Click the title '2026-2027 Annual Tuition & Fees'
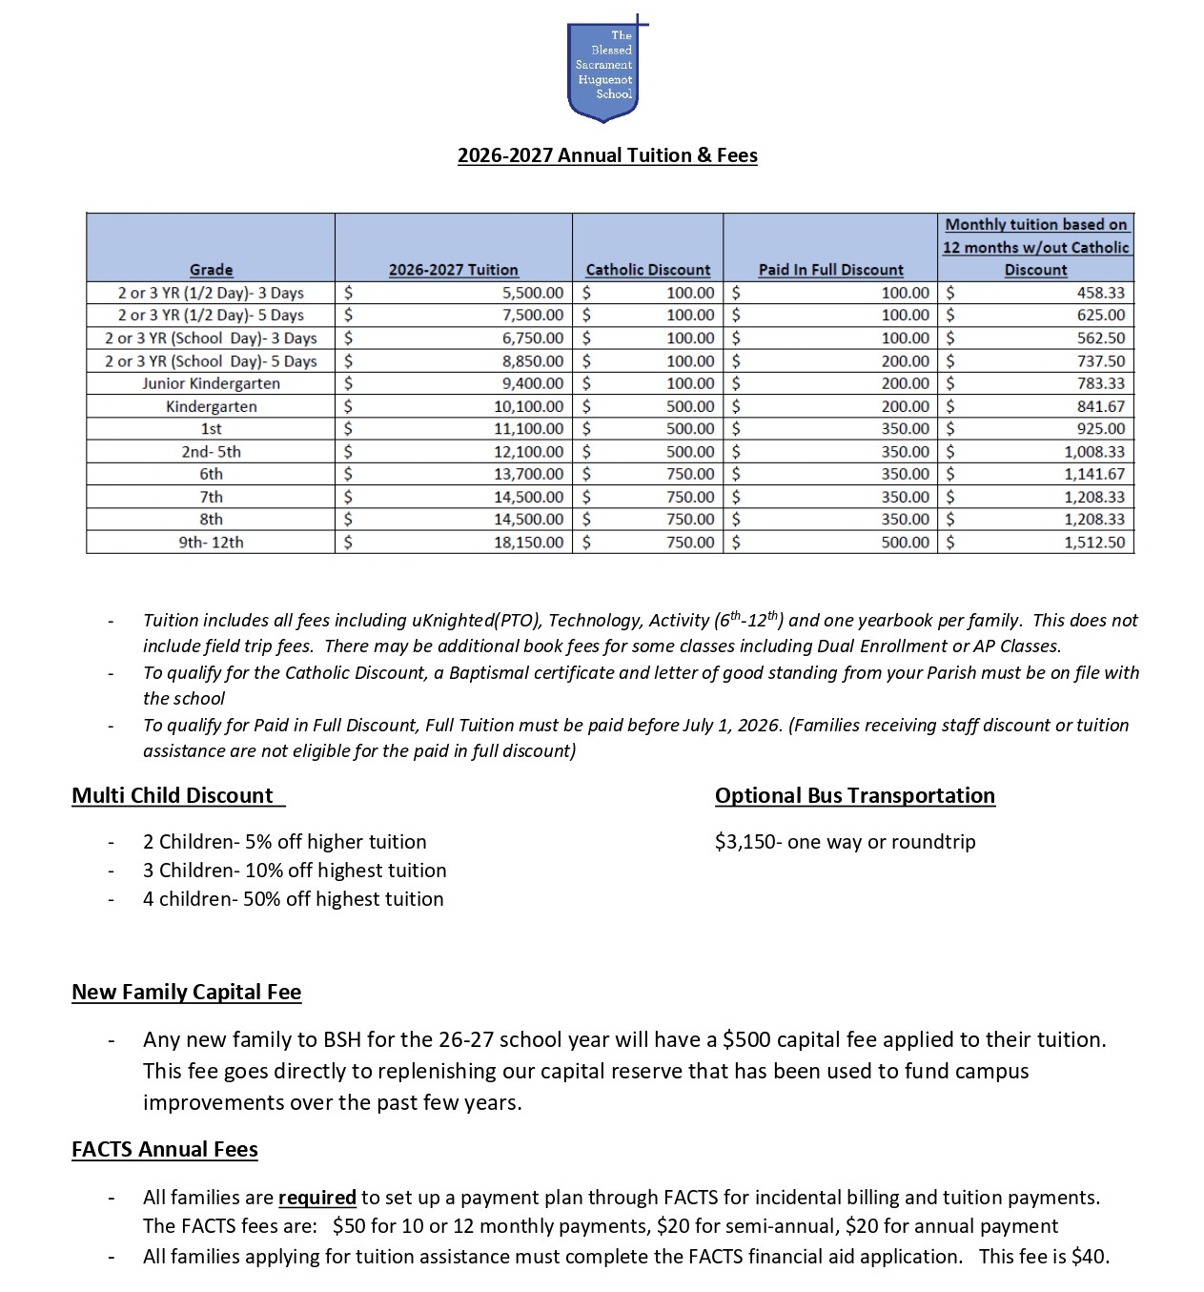click(607, 155)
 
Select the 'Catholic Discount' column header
click(647, 270)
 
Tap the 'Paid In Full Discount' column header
click(830, 270)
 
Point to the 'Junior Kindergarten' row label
click(211, 383)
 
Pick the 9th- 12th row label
click(211, 543)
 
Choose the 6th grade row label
click(211, 474)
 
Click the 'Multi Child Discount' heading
click(173, 796)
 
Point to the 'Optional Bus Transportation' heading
click(854, 796)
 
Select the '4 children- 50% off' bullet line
click(293, 899)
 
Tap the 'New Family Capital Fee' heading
click(186, 993)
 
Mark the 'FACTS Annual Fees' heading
click(164, 1150)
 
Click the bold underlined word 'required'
click(316, 1198)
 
